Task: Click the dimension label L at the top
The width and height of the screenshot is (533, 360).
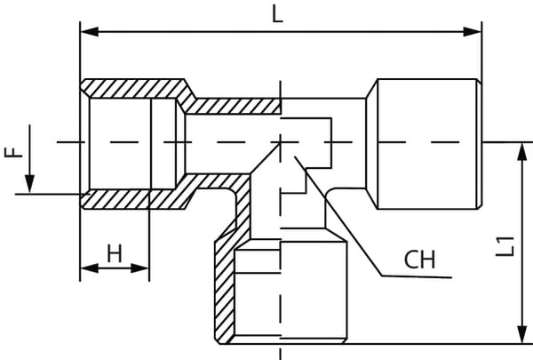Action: (277, 16)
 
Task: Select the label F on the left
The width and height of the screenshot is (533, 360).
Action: (12, 150)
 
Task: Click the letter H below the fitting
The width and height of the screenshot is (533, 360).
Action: (115, 253)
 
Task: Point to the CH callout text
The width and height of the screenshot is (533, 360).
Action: (419, 260)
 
